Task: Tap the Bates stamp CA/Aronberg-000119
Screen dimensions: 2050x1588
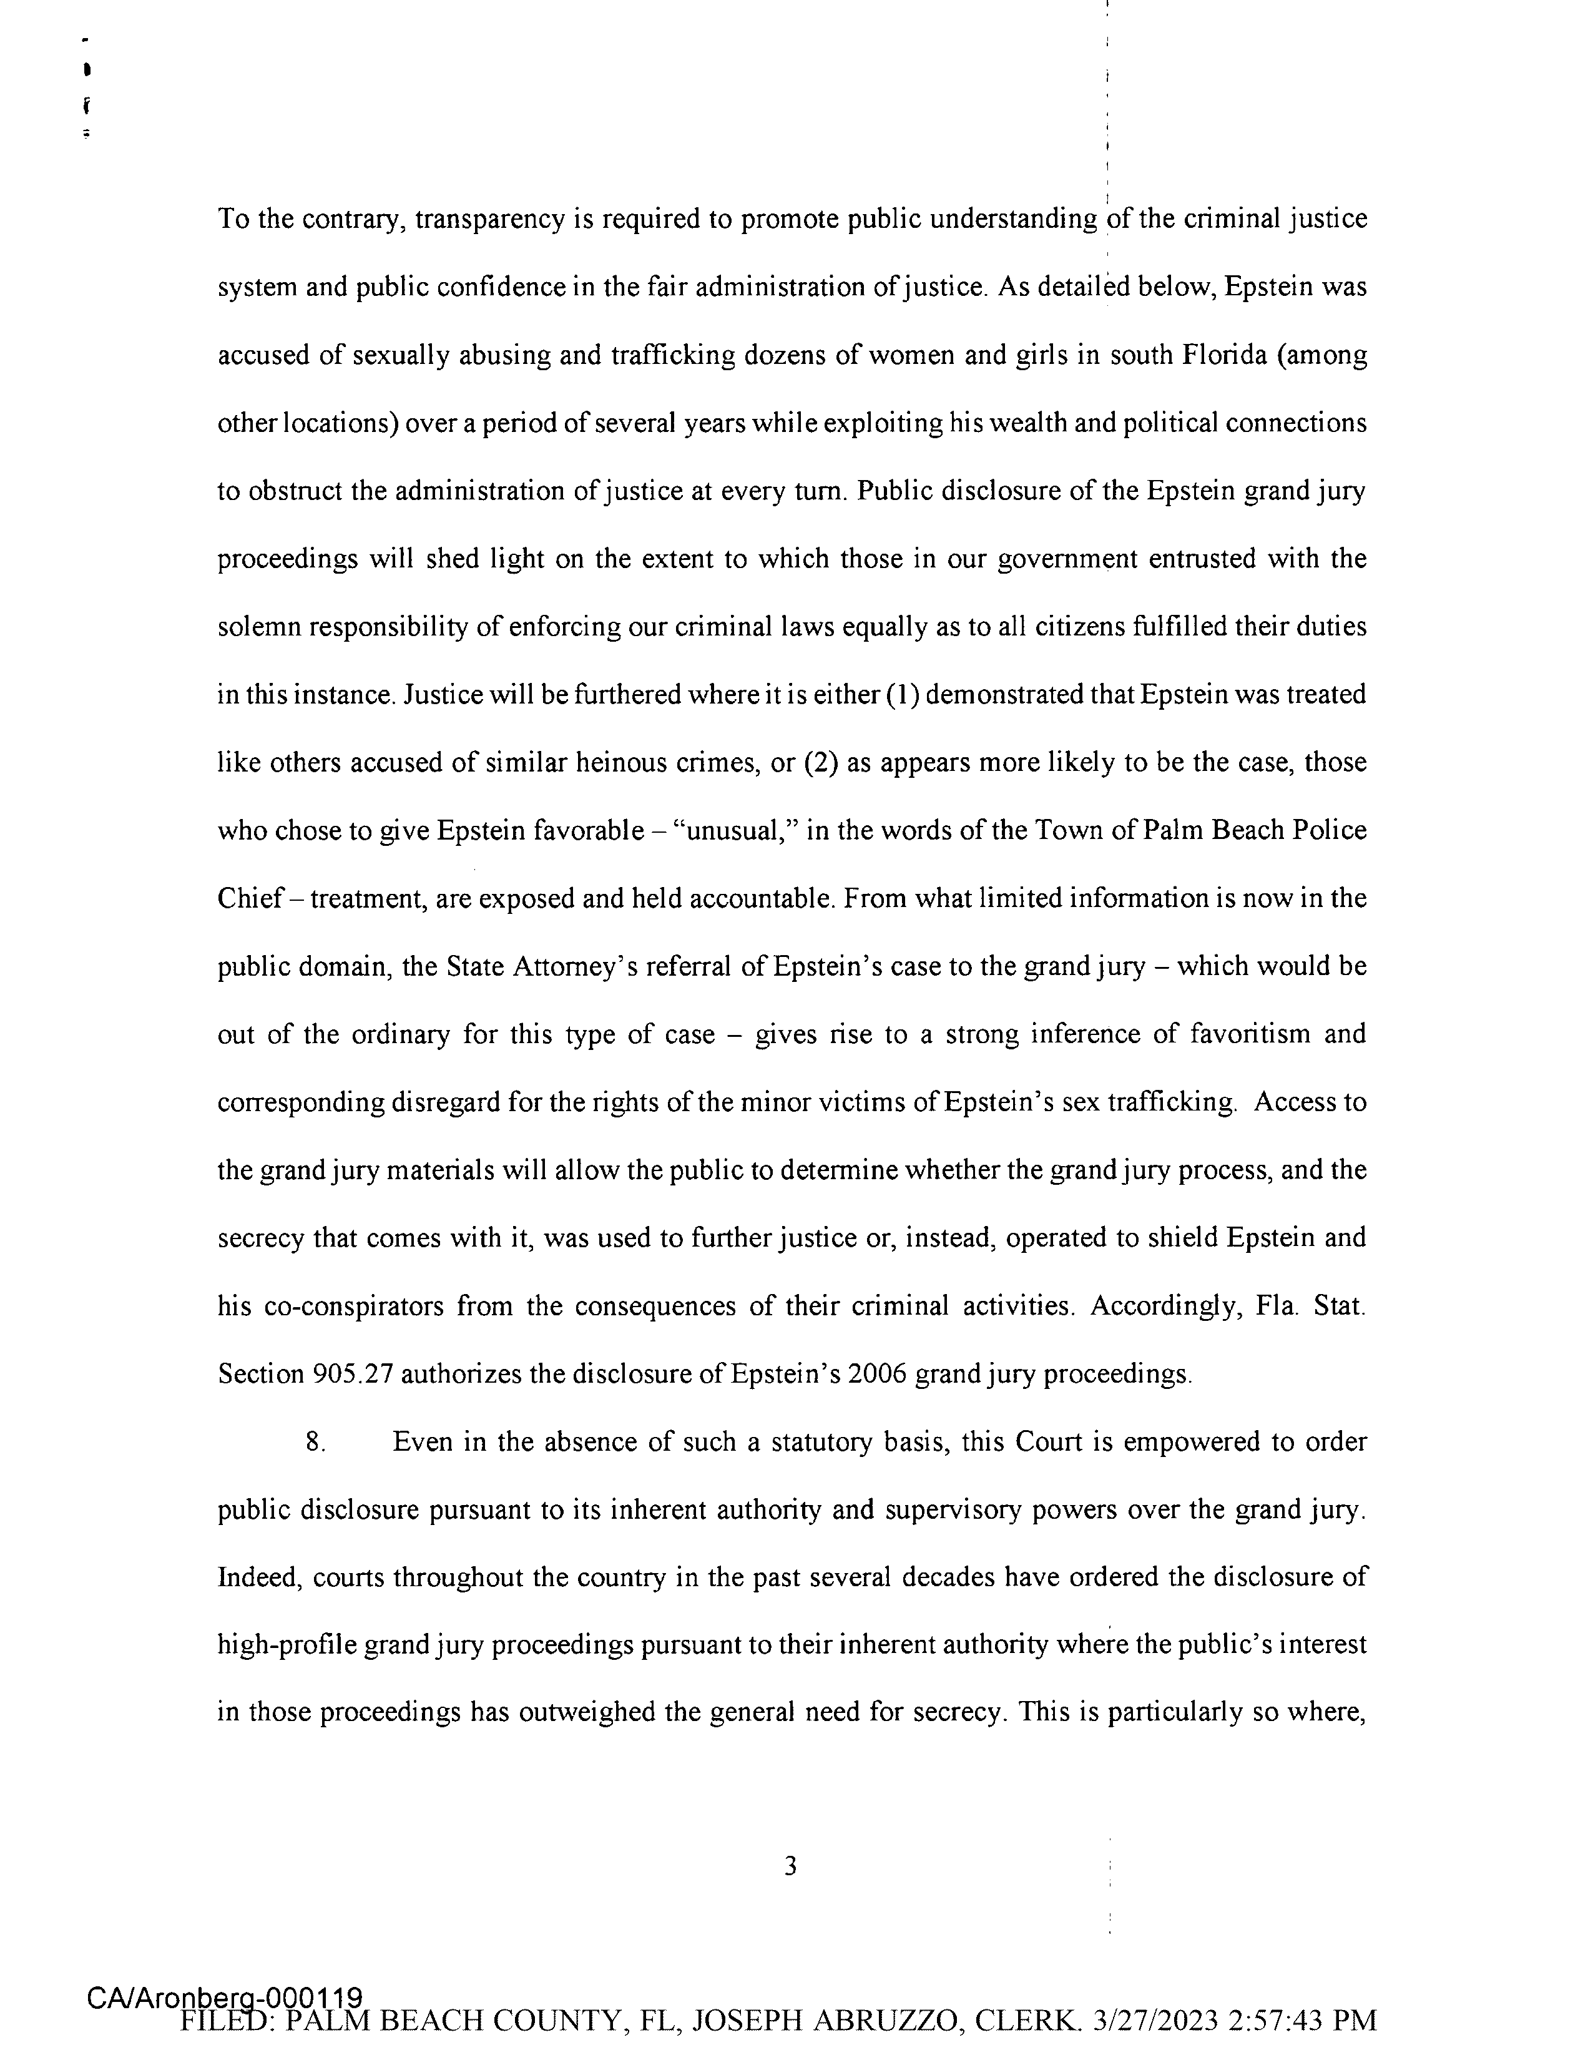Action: [225, 1994]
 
